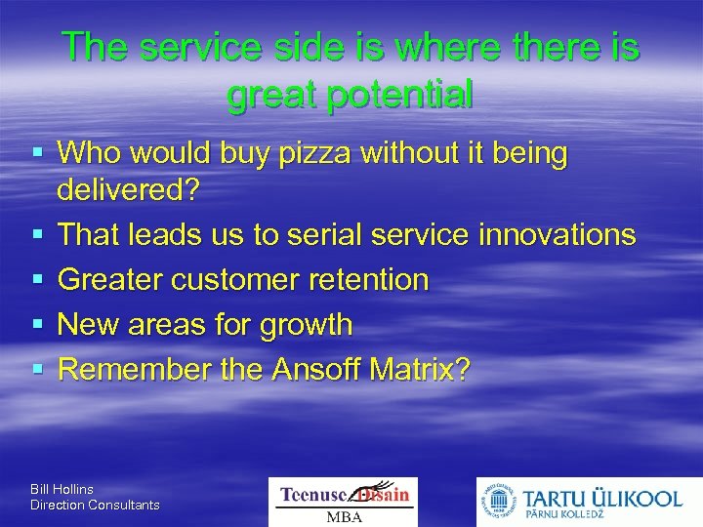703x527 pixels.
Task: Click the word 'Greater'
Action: coord(110,280)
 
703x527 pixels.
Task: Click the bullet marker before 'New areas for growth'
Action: coord(37,325)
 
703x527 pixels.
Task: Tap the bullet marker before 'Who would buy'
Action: coord(37,153)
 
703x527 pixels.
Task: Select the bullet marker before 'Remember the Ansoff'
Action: coord(37,370)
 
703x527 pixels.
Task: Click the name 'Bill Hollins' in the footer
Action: coord(62,488)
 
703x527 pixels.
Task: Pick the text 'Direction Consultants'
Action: coord(95,505)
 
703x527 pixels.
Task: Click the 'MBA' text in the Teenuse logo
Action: coord(343,516)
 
